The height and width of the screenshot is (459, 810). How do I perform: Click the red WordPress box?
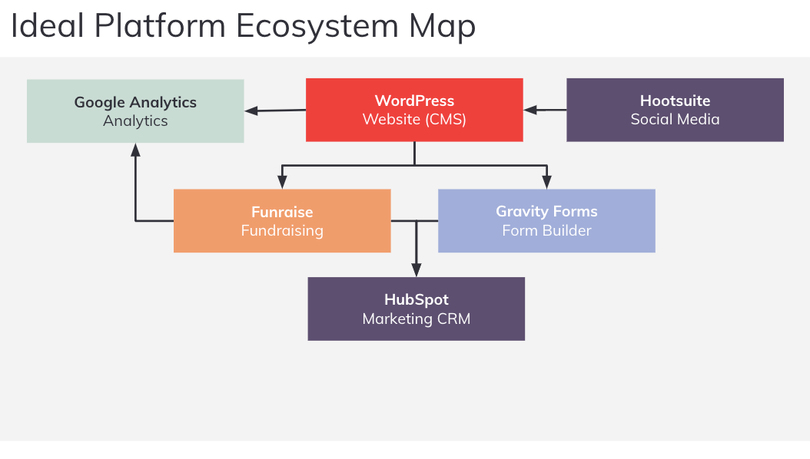pyautogui.click(x=414, y=110)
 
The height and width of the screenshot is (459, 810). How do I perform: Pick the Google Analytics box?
pyautogui.click(x=135, y=111)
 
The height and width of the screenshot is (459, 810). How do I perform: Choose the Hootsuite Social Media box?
pyautogui.click(x=675, y=110)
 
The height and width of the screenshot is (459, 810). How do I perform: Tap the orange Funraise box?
pyautogui.click(x=282, y=221)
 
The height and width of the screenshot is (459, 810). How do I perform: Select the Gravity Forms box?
pyautogui.click(x=546, y=221)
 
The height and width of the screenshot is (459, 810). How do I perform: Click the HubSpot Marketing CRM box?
pyautogui.click(x=416, y=309)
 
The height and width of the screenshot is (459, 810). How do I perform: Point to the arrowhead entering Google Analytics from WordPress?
pyautogui.click(x=251, y=111)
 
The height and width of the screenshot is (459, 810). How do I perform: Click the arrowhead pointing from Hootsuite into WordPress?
pyautogui.click(x=530, y=110)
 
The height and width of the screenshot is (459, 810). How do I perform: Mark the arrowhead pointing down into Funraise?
pyautogui.click(x=282, y=183)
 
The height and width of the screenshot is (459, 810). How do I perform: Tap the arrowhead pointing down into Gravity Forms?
pyautogui.click(x=546, y=183)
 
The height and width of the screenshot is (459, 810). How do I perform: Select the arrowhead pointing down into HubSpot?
pyautogui.click(x=416, y=270)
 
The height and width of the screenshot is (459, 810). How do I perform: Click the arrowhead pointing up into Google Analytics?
pyautogui.click(x=135, y=150)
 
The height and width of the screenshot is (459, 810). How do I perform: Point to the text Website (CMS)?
pyautogui.click(x=414, y=120)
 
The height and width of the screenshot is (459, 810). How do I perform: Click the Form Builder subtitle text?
pyautogui.click(x=546, y=231)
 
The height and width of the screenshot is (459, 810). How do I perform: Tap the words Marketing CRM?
pyautogui.click(x=416, y=319)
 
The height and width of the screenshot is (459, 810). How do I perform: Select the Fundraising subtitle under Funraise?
pyautogui.click(x=282, y=231)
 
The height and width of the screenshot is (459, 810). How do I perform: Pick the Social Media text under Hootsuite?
pyautogui.click(x=675, y=120)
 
